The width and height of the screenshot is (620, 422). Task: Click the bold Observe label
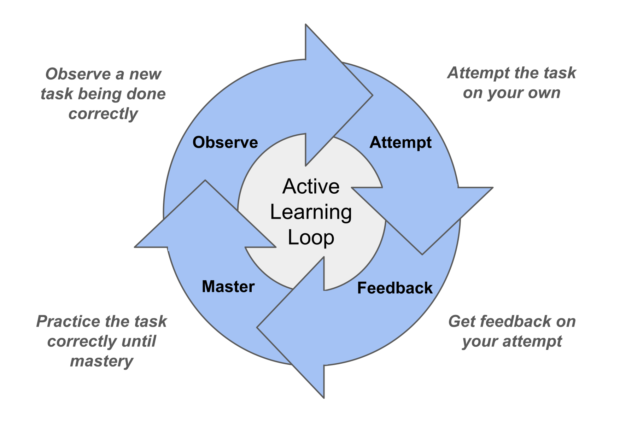coord(225,142)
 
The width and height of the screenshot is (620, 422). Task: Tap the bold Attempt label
coord(400,143)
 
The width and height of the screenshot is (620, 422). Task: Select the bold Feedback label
coord(395,288)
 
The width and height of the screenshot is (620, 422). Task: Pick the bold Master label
coord(228,287)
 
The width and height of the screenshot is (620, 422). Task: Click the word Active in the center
coord(311,186)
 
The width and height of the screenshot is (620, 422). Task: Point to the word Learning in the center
coord(311,212)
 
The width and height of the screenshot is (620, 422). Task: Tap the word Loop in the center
coord(311,238)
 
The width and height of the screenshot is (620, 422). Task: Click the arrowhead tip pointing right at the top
coord(373,95)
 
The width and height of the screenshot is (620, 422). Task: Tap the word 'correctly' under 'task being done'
coord(103,114)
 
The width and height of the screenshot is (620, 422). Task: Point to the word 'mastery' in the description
coord(102,362)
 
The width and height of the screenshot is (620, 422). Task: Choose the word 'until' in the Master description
coord(139,341)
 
